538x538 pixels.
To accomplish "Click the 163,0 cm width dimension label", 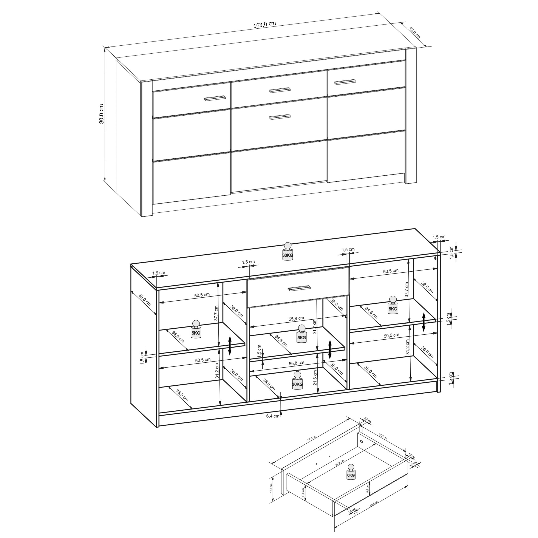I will [264, 24].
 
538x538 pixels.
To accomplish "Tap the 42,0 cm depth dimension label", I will [414, 32].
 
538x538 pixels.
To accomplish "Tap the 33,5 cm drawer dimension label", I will [383, 436].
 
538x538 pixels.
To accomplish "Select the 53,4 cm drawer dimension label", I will [374, 511].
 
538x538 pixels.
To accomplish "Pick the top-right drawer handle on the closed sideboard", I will [345, 82].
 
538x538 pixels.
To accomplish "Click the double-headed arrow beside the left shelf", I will [230, 346].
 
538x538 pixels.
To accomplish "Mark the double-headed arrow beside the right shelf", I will [424, 322].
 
